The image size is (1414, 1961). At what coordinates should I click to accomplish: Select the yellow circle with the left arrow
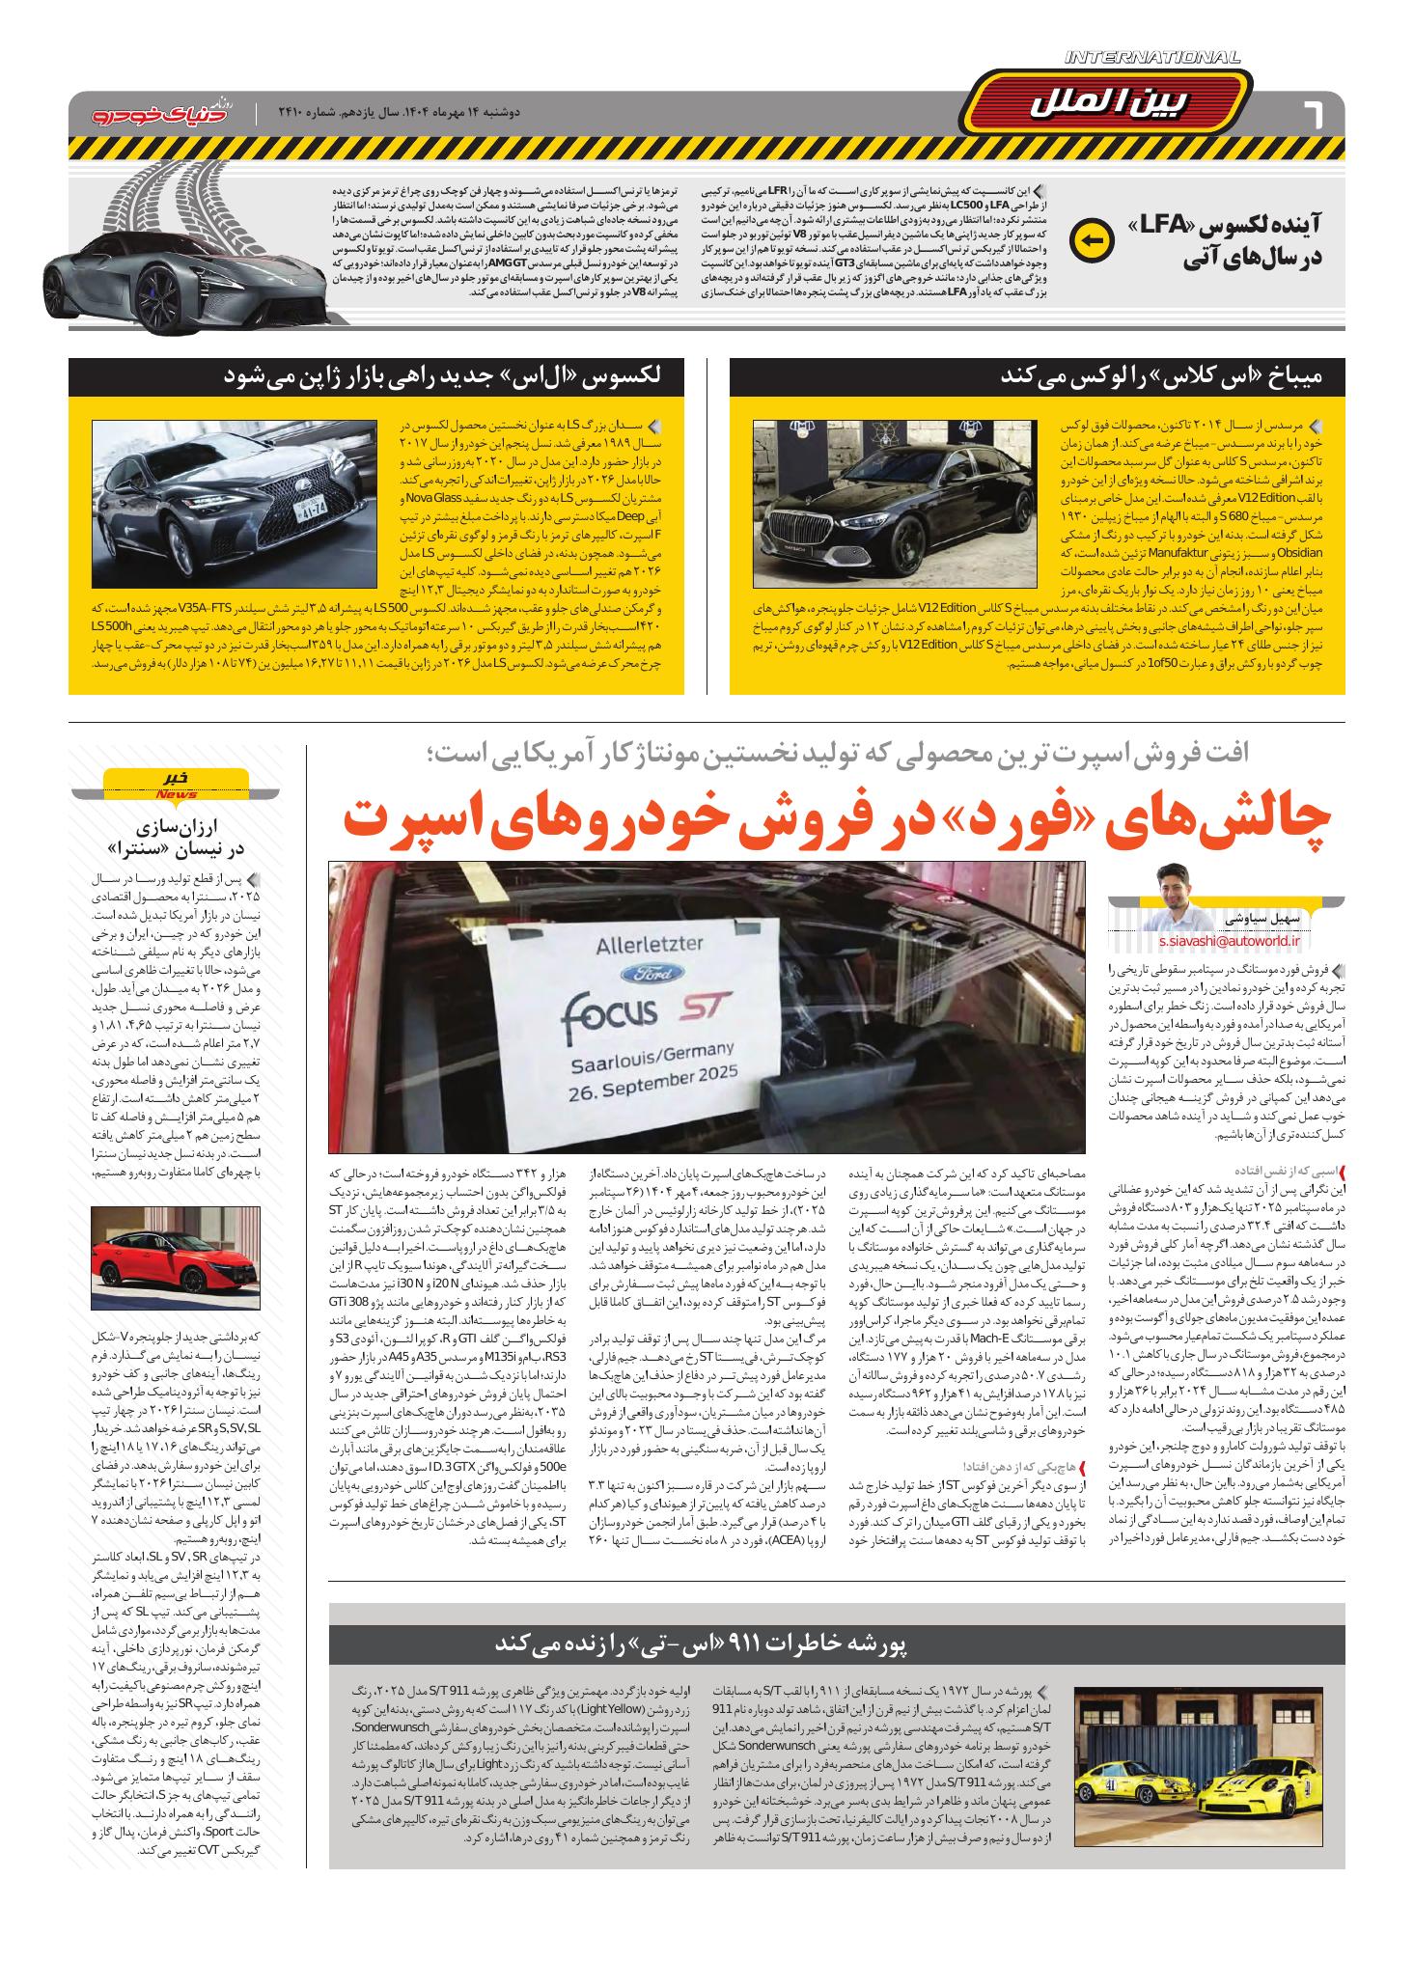click(1092, 241)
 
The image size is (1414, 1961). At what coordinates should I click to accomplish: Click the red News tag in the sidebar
click(176, 794)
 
